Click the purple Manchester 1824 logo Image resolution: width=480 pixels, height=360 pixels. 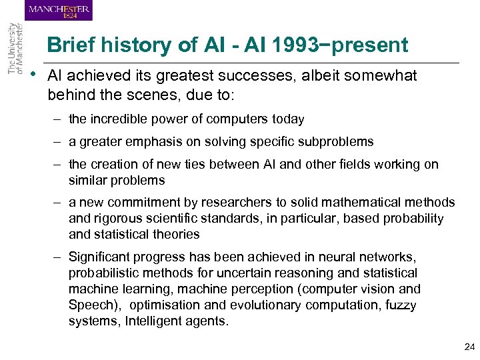click(59, 10)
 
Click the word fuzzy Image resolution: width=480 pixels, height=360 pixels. click(400, 305)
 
